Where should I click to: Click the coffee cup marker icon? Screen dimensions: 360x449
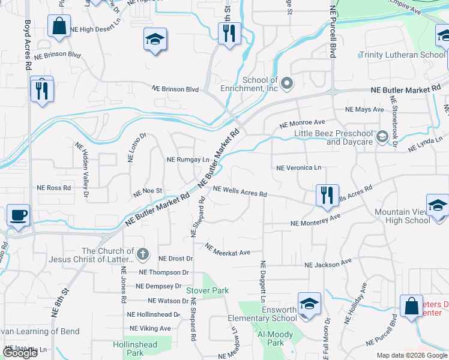tap(18, 215)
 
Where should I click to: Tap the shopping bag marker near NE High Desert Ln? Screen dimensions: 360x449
tap(59, 27)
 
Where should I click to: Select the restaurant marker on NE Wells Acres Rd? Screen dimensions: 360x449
tap(327, 196)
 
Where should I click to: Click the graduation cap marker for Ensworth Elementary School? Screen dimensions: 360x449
tap(309, 304)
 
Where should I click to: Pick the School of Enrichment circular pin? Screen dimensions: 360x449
tap(287, 83)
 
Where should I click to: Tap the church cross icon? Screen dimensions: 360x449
tap(142, 254)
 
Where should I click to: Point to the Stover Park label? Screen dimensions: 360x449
tap(207, 290)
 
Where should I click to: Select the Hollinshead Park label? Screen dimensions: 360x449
tap(135, 349)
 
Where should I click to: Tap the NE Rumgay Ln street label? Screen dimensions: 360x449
tap(187, 160)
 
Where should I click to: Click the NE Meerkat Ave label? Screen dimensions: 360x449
tap(228, 249)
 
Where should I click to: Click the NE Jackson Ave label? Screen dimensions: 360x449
tap(328, 264)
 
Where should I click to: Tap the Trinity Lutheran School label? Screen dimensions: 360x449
tap(402, 55)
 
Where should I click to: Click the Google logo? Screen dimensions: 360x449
tap(20, 353)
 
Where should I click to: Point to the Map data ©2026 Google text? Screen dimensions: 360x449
tap(412, 355)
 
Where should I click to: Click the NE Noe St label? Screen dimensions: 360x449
tap(148, 191)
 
